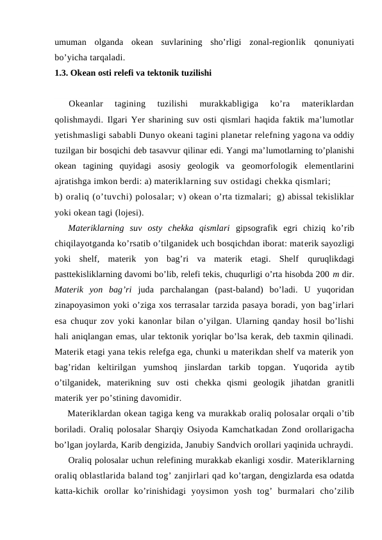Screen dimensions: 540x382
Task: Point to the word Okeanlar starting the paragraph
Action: (86, 103)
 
